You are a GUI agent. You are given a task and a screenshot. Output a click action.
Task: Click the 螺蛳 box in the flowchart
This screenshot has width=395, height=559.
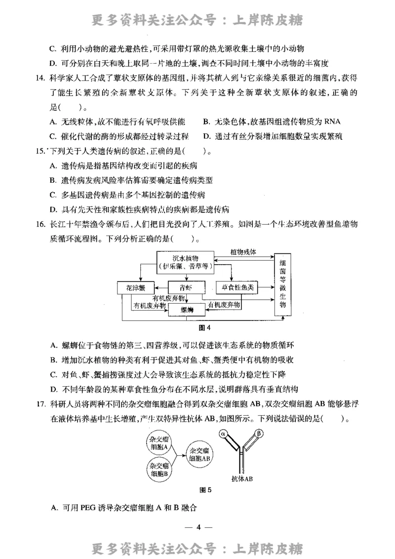click(x=186, y=310)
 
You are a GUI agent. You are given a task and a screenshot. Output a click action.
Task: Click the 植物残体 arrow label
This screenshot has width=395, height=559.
click(x=243, y=252)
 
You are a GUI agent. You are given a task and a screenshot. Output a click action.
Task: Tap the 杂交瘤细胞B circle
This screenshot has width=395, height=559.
click(x=159, y=469)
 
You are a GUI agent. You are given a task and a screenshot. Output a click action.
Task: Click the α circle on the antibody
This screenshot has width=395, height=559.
click(x=223, y=434)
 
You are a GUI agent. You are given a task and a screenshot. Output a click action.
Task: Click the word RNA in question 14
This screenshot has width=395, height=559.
click(x=331, y=121)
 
